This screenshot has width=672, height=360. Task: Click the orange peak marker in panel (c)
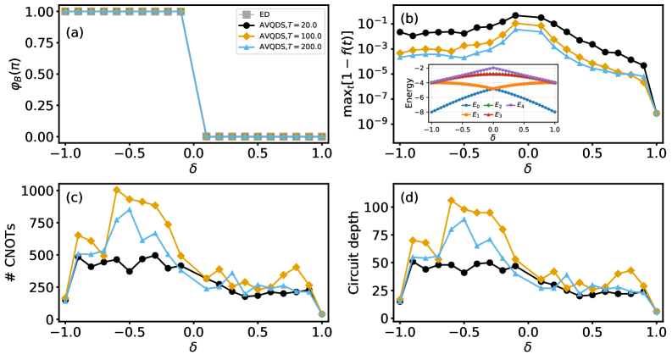click(x=116, y=190)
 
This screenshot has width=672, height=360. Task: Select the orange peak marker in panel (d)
click(x=452, y=201)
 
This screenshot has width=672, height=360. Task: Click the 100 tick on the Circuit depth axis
click(x=372, y=207)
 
